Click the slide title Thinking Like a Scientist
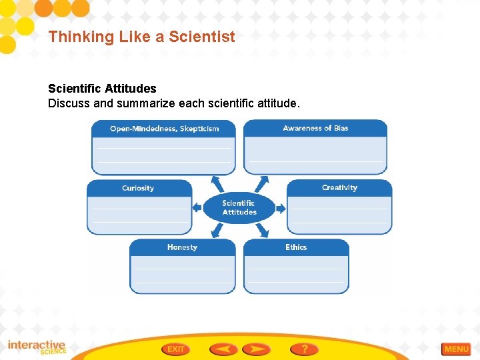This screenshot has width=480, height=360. (141, 37)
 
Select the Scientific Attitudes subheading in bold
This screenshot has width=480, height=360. (102, 88)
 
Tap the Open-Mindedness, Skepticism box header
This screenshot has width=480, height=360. (164, 129)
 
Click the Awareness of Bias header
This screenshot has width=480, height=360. (315, 128)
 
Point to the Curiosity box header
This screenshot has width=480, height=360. (138, 188)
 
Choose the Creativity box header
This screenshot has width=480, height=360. (339, 188)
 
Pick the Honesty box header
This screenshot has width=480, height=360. (182, 247)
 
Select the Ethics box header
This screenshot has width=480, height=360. (296, 247)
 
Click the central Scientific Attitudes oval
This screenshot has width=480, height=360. (239, 207)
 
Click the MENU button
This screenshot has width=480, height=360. (456, 349)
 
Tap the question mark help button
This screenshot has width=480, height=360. (304, 349)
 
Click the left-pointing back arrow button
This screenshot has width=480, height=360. (223, 349)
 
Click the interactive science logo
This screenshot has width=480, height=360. (37, 347)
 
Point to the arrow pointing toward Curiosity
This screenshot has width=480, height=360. (197, 207)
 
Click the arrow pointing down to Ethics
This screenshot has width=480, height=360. (262, 230)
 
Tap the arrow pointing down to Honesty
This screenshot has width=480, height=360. (217, 230)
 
